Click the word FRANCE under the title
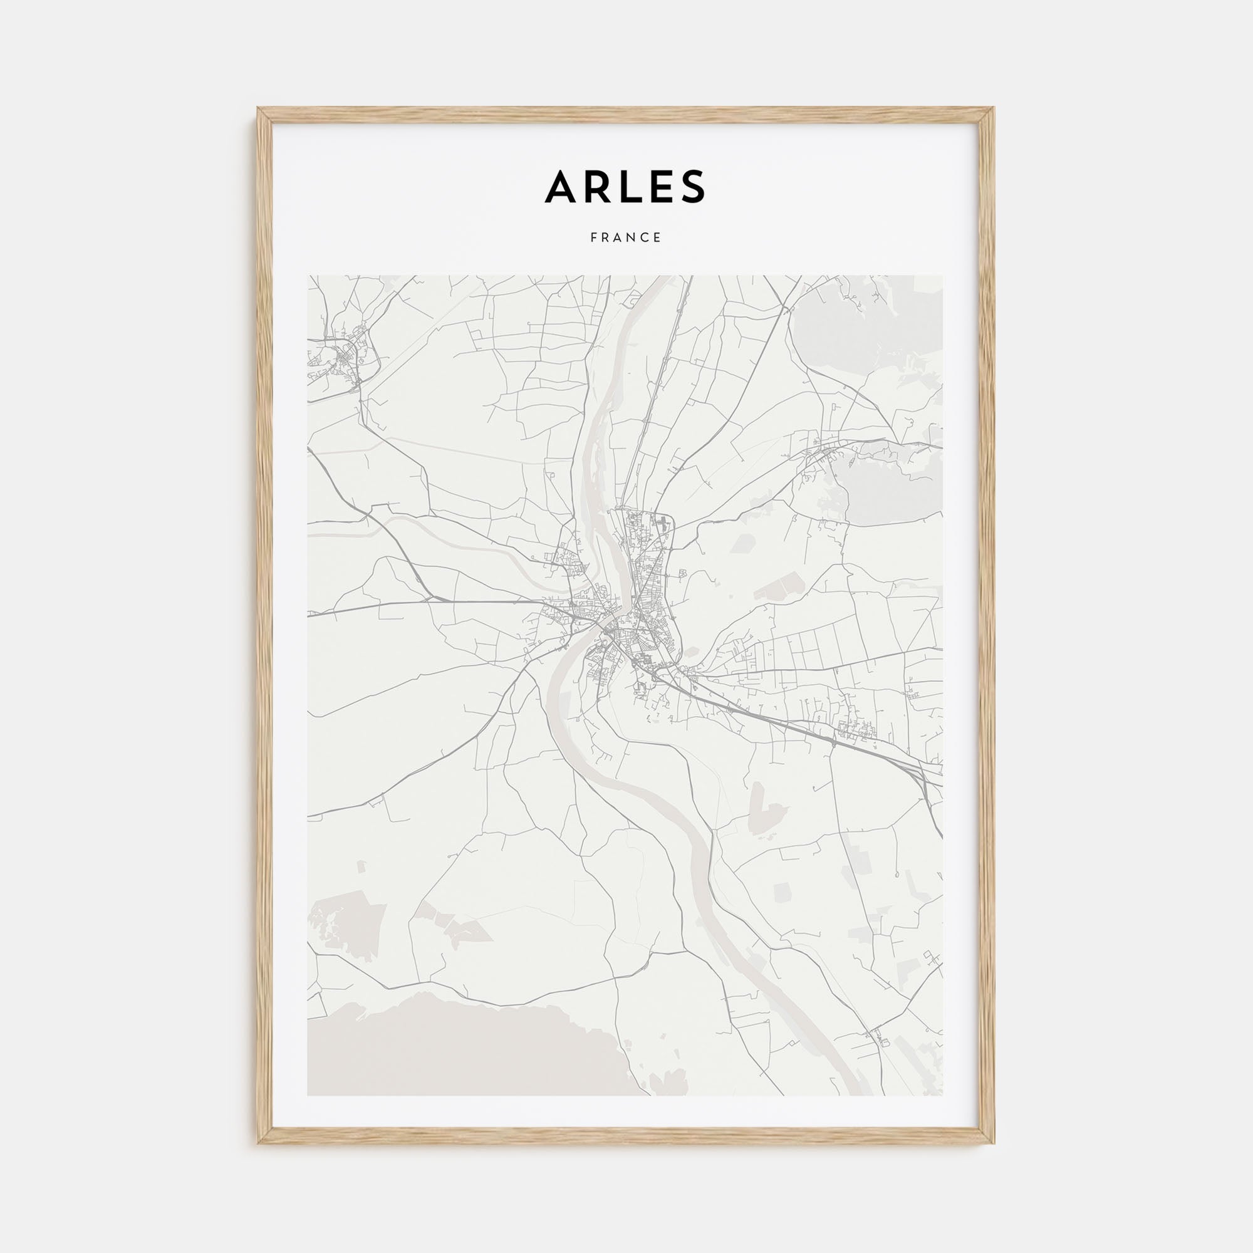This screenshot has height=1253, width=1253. click(626, 238)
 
